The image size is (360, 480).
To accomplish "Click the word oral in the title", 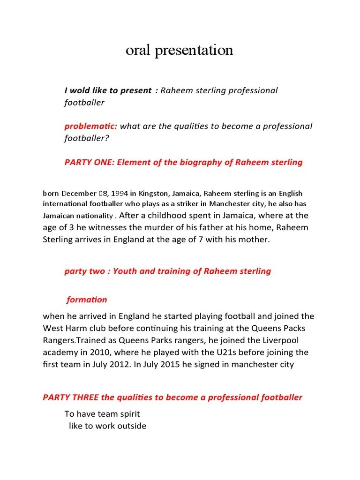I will pyautogui.click(x=136, y=50).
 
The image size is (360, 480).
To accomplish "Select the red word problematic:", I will pyautogui.click(x=91, y=126).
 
